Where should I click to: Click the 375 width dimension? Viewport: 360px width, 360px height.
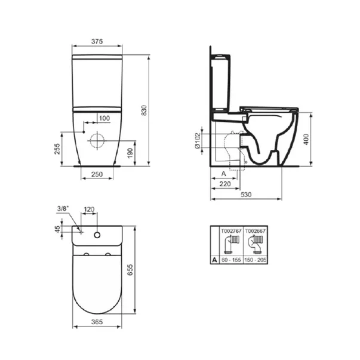(97, 41)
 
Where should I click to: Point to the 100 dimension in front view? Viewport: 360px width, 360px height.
(104, 118)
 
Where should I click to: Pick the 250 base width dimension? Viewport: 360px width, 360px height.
(97, 174)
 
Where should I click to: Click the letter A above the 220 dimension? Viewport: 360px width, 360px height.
(223, 173)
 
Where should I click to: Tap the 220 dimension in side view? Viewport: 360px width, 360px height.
(226, 184)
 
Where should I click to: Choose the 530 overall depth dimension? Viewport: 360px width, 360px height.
(247, 195)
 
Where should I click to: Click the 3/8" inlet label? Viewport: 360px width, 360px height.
(62, 208)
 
